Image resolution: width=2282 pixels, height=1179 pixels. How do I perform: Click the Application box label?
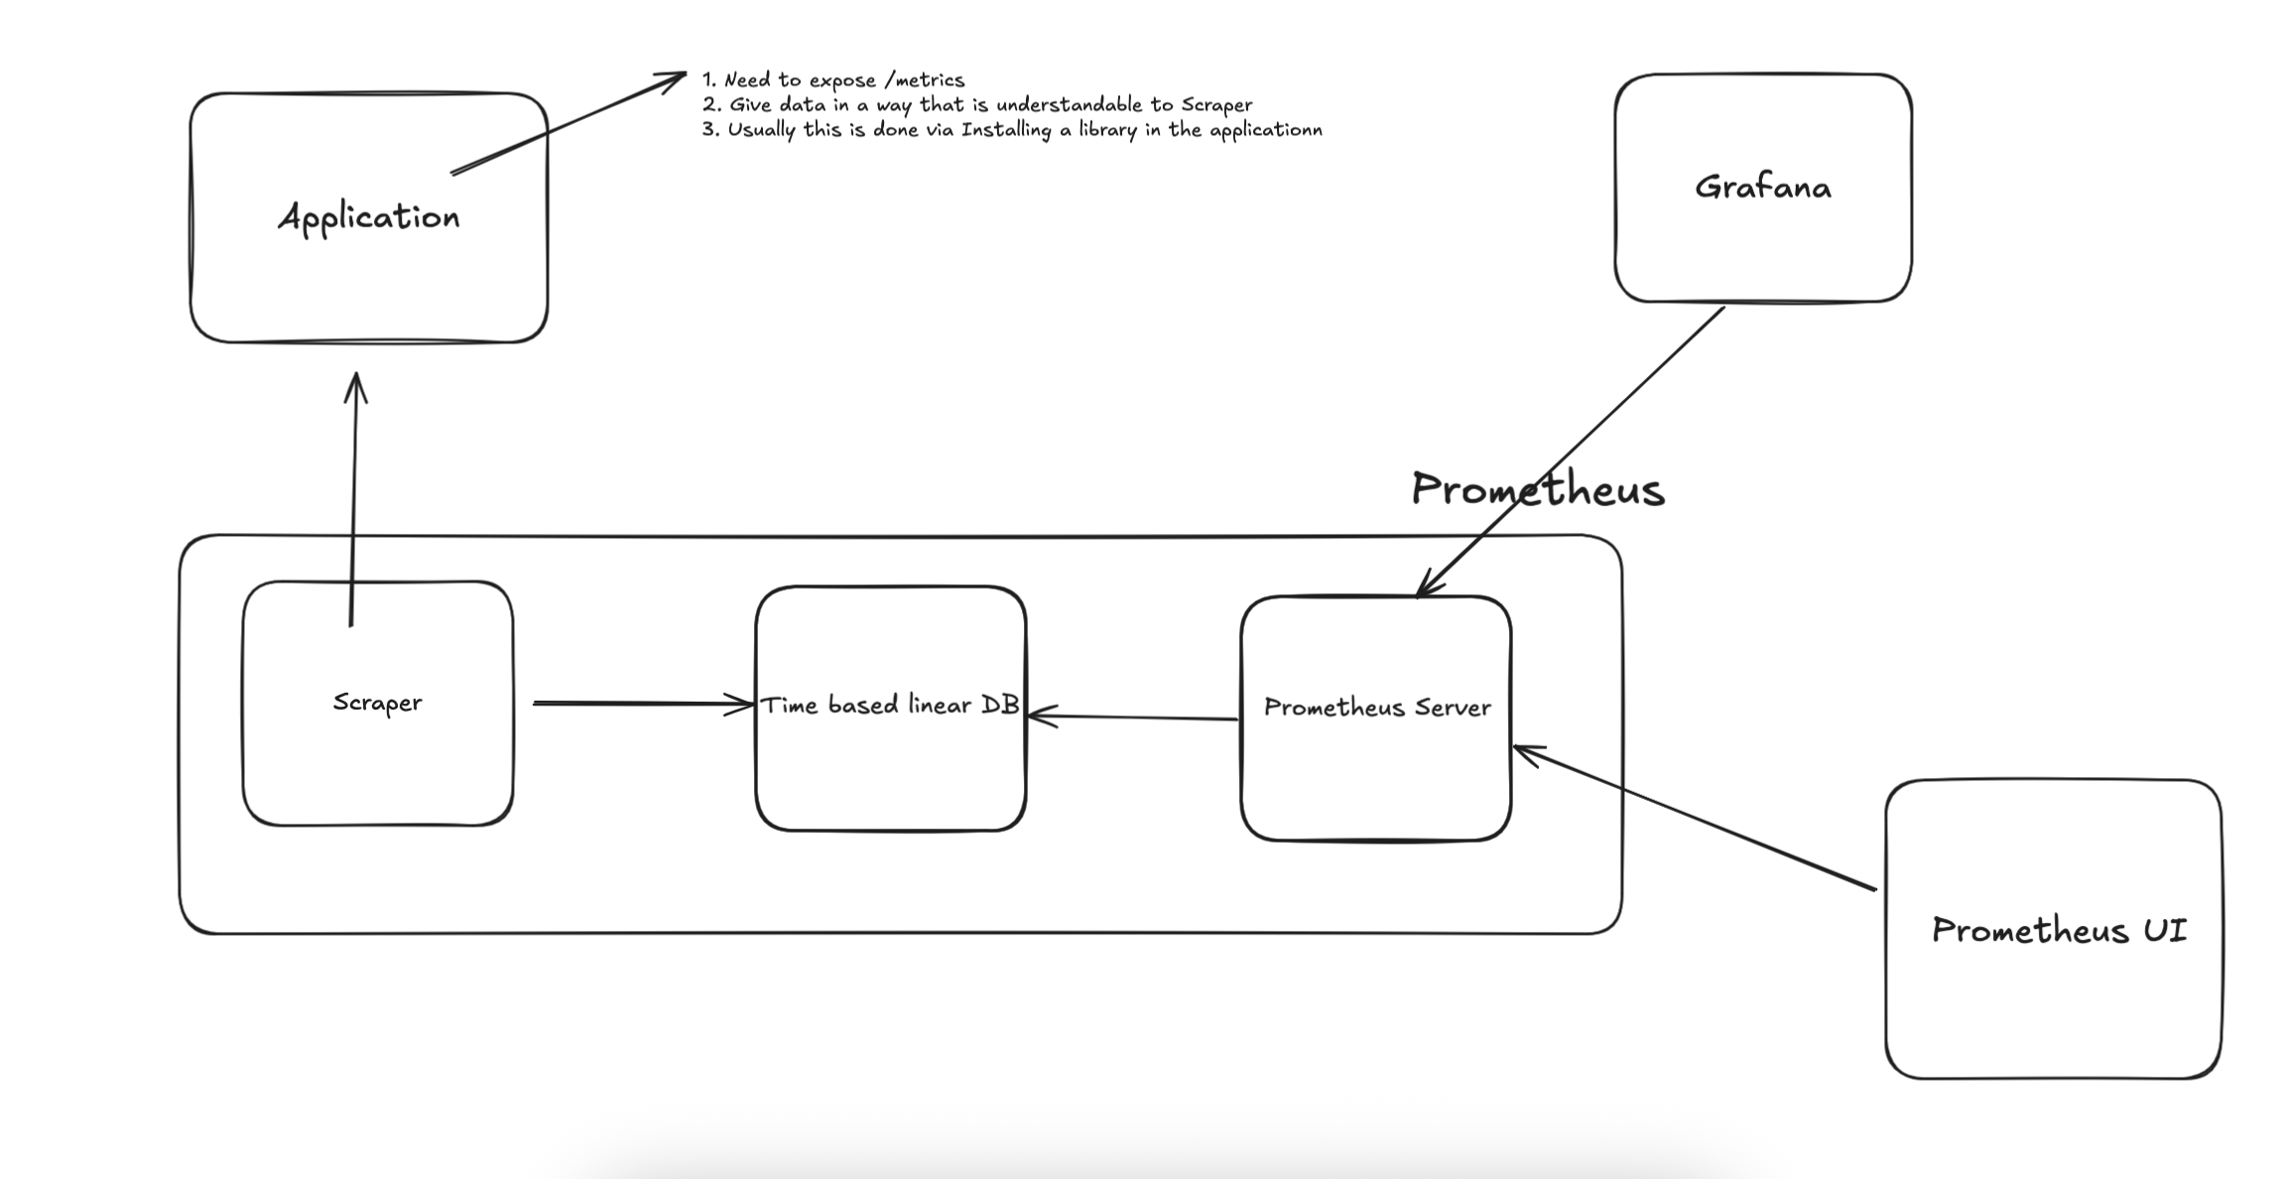tap(369, 217)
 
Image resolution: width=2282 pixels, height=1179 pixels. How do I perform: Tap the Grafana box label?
tap(1762, 188)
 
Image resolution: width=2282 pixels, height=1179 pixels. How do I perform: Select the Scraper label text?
tap(377, 703)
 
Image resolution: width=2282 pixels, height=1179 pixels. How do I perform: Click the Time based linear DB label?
tap(890, 706)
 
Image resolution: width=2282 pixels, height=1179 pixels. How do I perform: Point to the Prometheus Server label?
tap(1377, 708)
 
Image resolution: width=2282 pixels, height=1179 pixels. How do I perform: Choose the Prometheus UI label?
tap(2059, 931)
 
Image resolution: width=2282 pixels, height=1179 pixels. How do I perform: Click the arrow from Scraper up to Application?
tap(353, 496)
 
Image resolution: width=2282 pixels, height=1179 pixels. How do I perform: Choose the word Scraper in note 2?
tap(1216, 105)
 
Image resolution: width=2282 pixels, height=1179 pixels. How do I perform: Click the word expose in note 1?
tap(842, 80)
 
